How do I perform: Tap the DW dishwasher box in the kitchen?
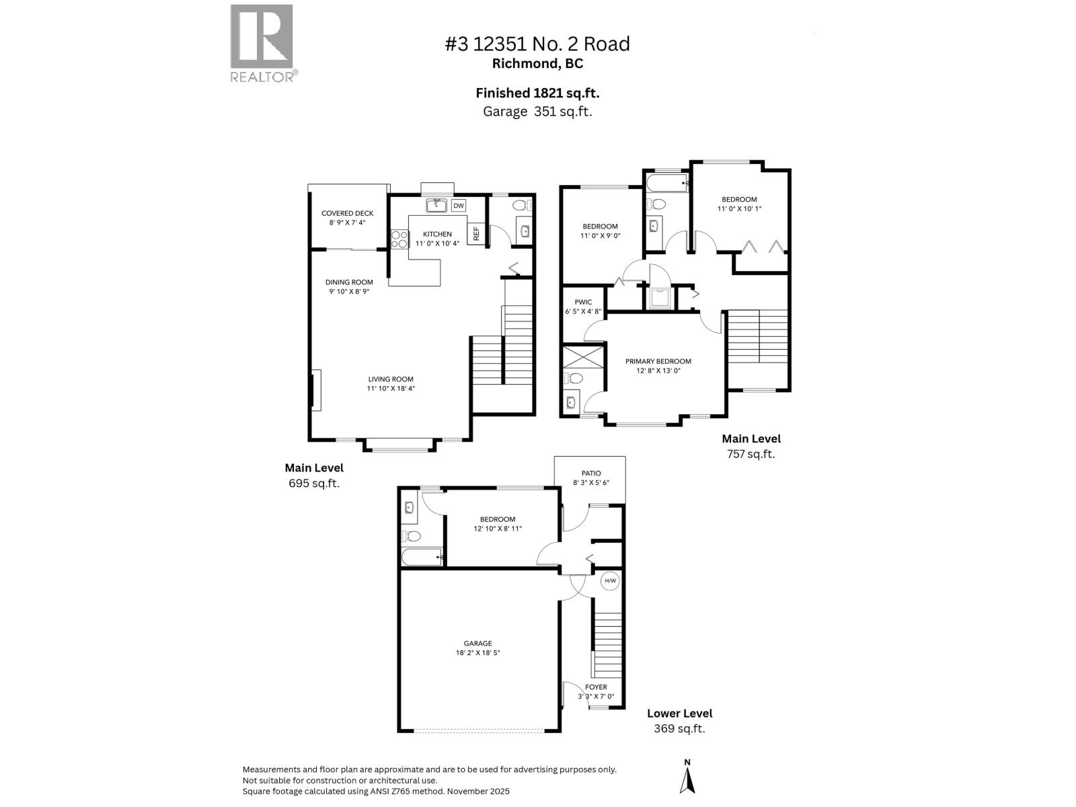(x=458, y=206)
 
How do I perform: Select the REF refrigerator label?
(x=476, y=233)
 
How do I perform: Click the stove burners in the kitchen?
(x=399, y=239)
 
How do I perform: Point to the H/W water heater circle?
(x=610, y=581)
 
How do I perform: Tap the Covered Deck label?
(x=347, y=213)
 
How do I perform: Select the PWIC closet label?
(x=583, y=302)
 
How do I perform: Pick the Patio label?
(x=591, y=473)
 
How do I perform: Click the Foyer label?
(x=596, y=687)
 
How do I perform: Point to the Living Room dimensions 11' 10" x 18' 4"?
(x=391, y=388)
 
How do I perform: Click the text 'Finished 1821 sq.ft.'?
(x=537, y=93)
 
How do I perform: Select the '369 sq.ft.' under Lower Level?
(x=679, y=729)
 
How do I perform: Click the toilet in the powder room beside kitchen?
(x=521, y=205)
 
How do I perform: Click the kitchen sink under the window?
(x=437, y=204)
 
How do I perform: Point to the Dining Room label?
(x=349, y=282)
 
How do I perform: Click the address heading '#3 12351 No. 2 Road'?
(x=537, y=44)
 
